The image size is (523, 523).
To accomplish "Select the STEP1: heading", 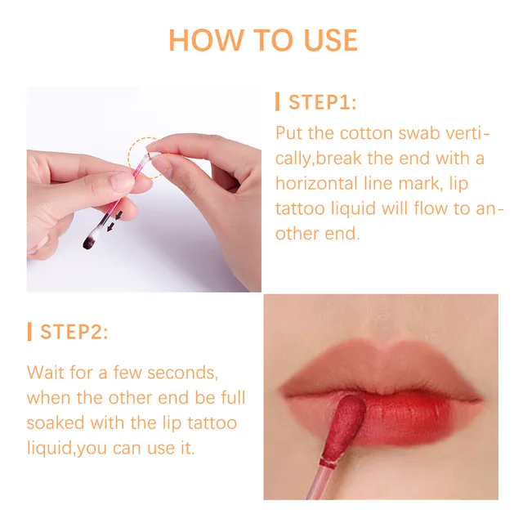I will (323, 102).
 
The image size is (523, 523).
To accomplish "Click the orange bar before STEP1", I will (279, 102).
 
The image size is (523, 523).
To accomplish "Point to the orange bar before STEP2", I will (29, 332).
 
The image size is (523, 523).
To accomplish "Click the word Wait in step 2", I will (46, 372).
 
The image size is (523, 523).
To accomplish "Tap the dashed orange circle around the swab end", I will (145, 154).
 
